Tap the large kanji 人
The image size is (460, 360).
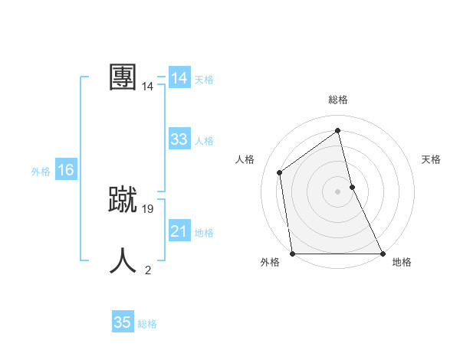pyautogui.click(x=123, y=260)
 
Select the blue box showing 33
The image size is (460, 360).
pyautogui.click(x=179, y=139)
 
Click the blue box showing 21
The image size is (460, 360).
pyautogui.click(x=179, y=231)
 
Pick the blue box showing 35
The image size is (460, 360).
pyautogui.click(x=123, y=322)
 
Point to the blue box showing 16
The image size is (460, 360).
pyautogui.click(x=66, y=170)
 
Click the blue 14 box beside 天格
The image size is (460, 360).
pyautogui.click(x=179, y=78)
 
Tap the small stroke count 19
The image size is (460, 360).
pyautogui.click(x=148, y=208)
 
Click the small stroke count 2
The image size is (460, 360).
pyautogui.click(x=148, y=270)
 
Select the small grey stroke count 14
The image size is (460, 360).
pyautogui.click(x=147, y=87)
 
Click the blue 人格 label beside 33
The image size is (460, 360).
pyautogui.click(x=205, y=141)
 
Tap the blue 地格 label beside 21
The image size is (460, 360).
pyautogui.click(x=205, y=233)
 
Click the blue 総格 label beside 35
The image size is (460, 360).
pyautogui.click(x=147, y=324)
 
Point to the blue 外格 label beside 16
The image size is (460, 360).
pyautogui.click(x=41, y=172)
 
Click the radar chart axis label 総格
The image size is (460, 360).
pyautogui.click(x=338, y=100)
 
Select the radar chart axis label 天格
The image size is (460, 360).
pyautogui.click(x=431, y=159)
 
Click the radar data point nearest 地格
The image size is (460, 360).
pyautogui.click(x=382, y=254)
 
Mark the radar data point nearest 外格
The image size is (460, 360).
pyautogui.click(x=293, y=254)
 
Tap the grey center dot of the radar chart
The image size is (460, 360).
pyautogui.click(x=337, y=191)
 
